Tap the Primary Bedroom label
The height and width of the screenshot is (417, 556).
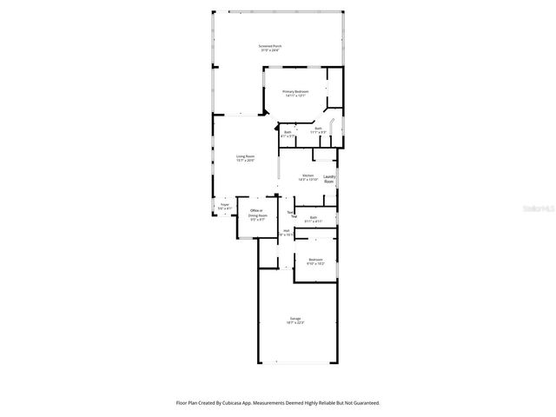tap(295, 91)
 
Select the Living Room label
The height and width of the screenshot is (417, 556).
tap(246, 156)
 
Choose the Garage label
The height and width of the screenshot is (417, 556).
tap(296, 319)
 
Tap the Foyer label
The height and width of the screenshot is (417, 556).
tap(224, 205)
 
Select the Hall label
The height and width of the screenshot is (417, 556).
tap(286, 230)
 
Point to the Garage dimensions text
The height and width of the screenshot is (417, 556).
tap(296, 323)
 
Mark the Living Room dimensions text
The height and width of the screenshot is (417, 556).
tap(246, 160)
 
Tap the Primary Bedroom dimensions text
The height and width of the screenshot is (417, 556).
tap(295, 96)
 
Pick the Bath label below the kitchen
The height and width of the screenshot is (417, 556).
tap(314, 217)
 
